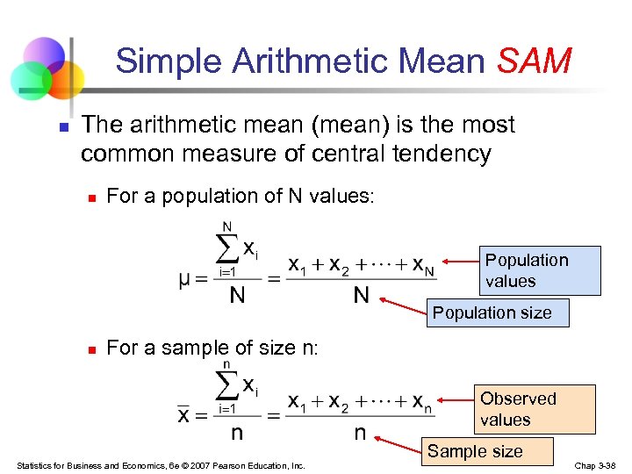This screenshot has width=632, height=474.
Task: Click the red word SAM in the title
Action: click(535, 61)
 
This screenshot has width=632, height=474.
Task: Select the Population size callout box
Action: click(492, 312)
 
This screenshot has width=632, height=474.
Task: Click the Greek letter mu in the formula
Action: click(185, 281)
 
